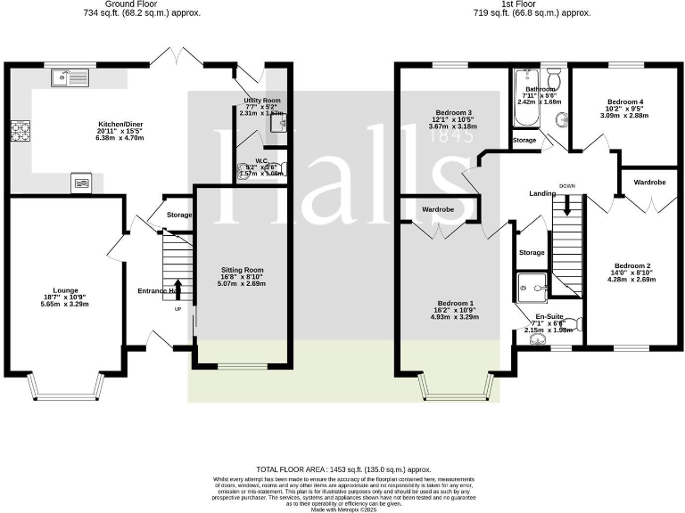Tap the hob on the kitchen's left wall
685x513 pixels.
pos(19,132)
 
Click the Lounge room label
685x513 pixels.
pos(65,290)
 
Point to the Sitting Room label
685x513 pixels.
pos(242,270)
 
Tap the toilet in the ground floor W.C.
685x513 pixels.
pos(244,169)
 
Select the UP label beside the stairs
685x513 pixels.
pos(177,309)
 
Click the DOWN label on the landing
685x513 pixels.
pos(567,186)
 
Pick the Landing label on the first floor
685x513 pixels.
pos(542,193)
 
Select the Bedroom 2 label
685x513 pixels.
pos(631,265)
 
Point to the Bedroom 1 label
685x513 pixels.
pos(453,303)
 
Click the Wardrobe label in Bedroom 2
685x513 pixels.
pos(648,182)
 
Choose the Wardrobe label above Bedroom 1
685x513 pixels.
pos(438,209)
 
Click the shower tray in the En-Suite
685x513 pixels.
pos(533,286)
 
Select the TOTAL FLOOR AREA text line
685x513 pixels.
pos(343,468)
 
